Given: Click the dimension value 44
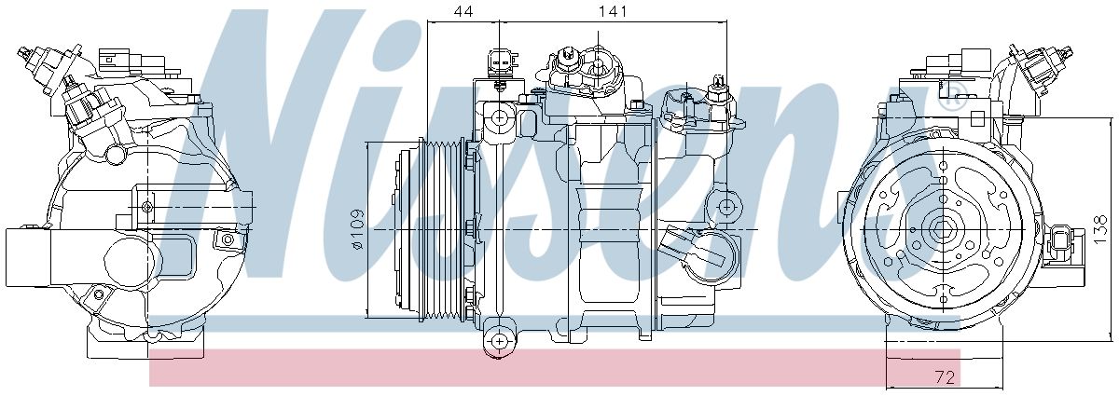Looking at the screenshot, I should coord(463,11).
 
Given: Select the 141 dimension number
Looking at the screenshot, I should coord(613,11).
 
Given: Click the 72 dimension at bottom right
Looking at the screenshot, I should coord(946,377).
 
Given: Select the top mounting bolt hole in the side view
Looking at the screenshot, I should coord(501,118).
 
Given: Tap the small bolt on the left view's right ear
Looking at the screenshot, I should coord(225,241).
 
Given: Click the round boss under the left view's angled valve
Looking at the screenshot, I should coord(116,152).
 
